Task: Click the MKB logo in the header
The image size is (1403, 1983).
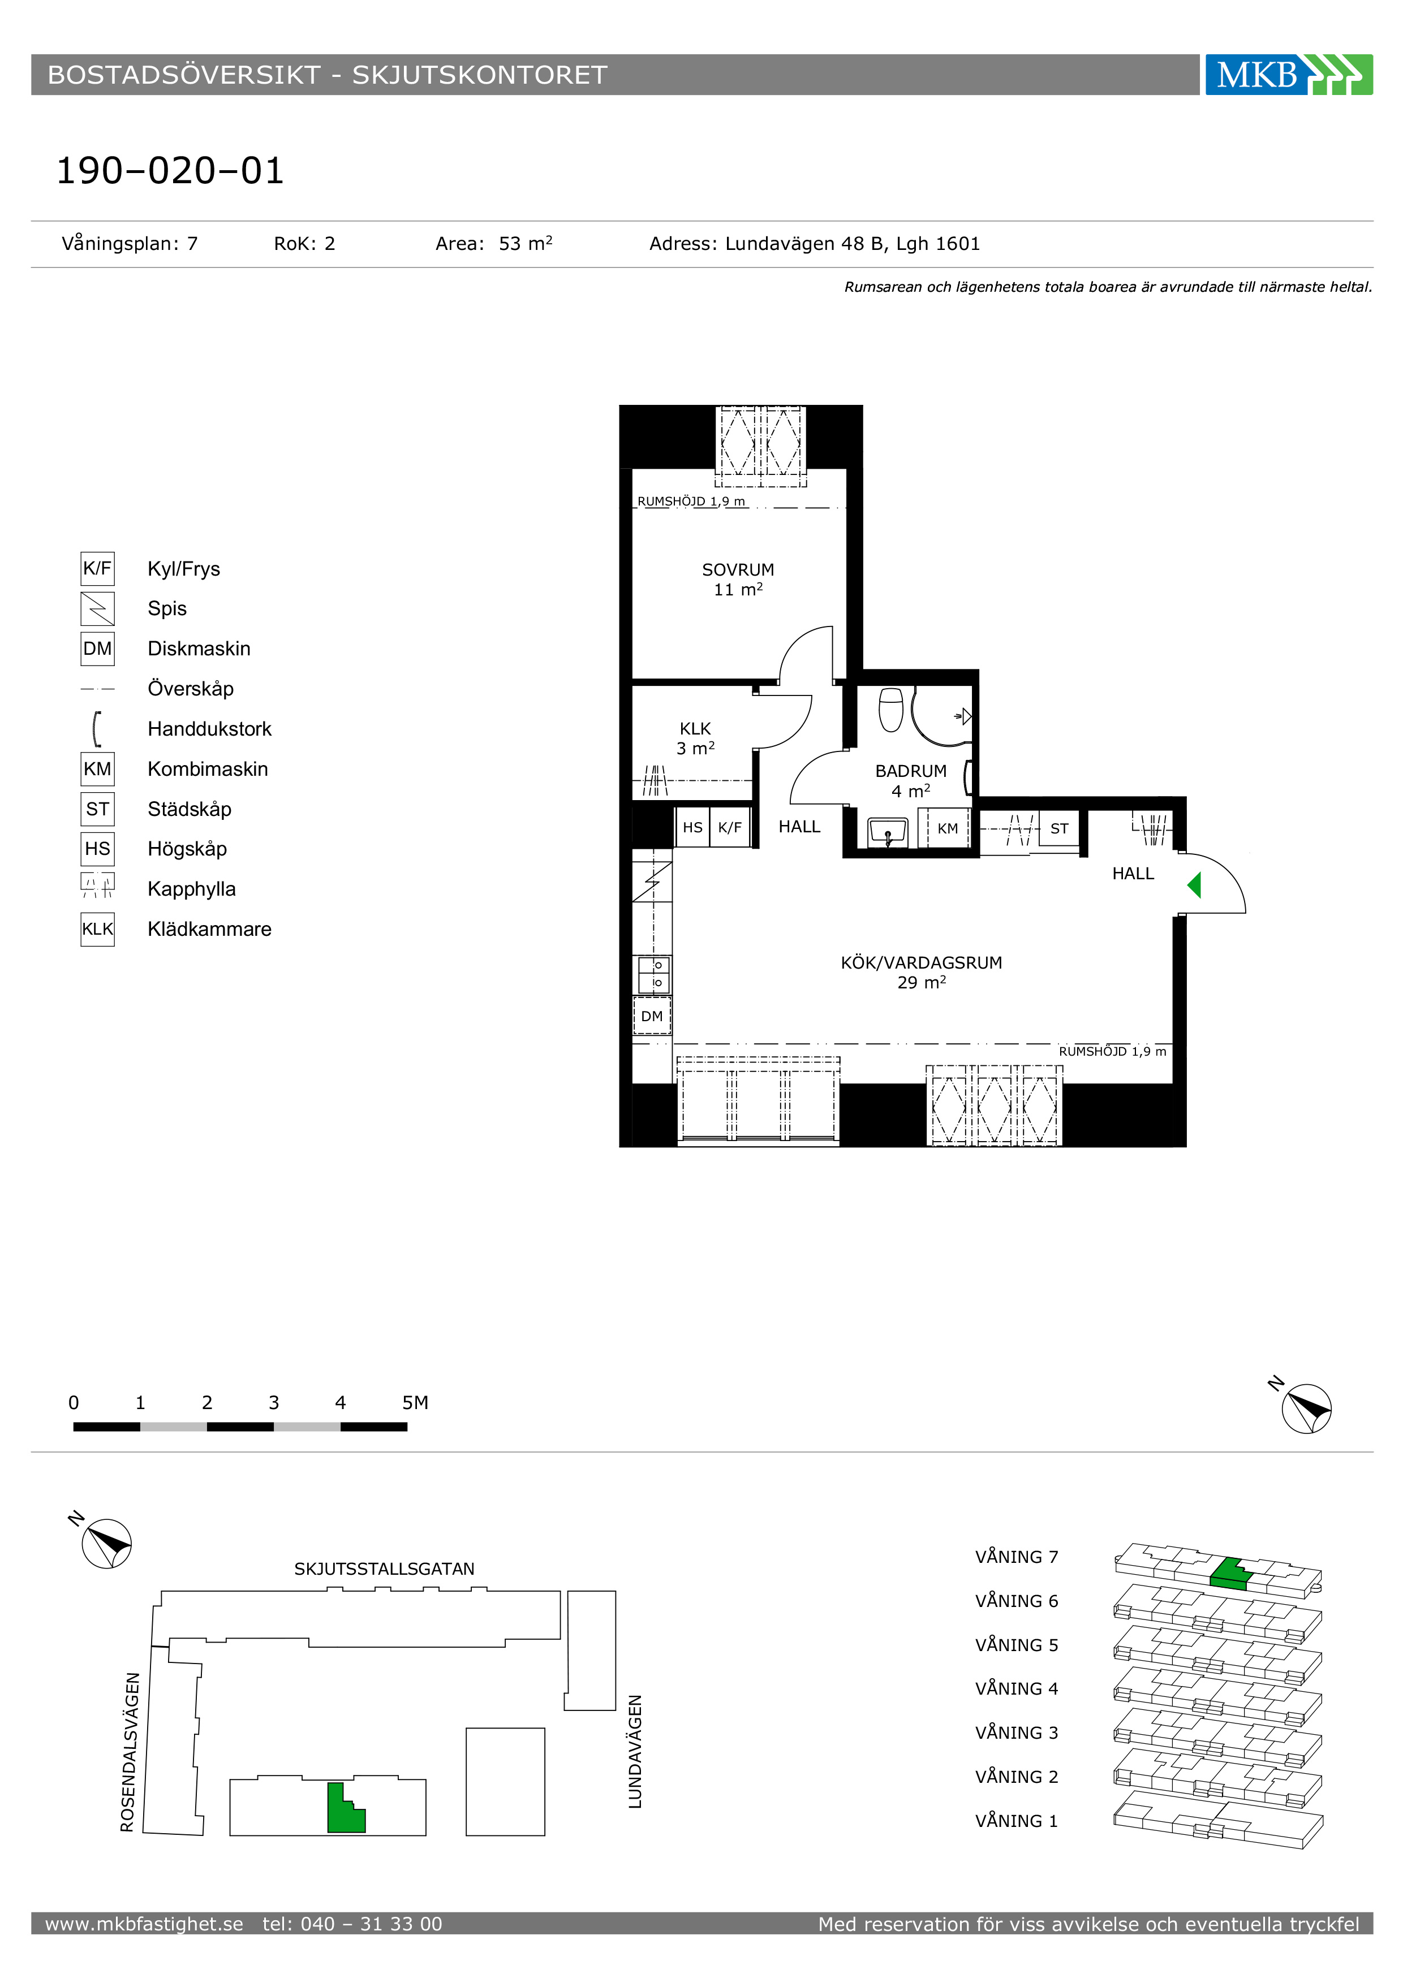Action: [1288, 74]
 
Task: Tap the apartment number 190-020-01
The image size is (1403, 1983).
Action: [170, 170]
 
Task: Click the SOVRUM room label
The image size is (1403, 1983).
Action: [738, 570]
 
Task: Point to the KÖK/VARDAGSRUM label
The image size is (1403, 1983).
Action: [921, 963]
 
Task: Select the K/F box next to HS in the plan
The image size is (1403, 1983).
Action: [730, 827]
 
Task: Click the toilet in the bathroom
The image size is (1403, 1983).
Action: [890, 709]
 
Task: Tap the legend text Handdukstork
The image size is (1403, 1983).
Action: [209, 729]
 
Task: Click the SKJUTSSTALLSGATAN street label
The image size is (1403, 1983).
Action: [385, 1569]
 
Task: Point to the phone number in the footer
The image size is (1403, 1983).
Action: [352, 1924]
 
